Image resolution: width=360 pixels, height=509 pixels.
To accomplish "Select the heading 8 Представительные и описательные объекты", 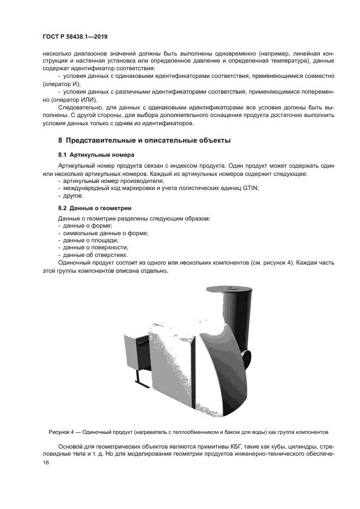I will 144,140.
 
